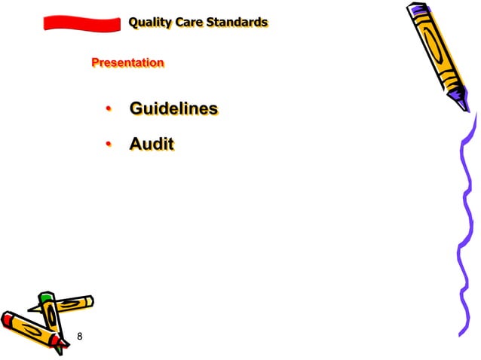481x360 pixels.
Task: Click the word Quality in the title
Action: [x=150, y=23]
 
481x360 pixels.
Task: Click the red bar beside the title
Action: [x=81, y=24]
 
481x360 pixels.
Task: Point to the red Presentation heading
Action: [x=127, y=63]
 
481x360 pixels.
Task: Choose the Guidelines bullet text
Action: [x=173, y=109]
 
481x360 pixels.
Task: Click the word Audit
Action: [x=152, y=144]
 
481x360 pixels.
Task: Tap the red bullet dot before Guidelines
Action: [x=109, y=110]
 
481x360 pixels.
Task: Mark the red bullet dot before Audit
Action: [x=109, y=144]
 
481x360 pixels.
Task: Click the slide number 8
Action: [x=80, y=336]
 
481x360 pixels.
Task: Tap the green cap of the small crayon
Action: [x=47, y=299]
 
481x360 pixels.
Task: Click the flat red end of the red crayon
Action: [x=8, y=319]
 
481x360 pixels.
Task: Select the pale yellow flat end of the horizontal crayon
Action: [x=88, y=301]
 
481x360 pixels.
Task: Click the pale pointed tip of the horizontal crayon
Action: [x=31, y=308]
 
